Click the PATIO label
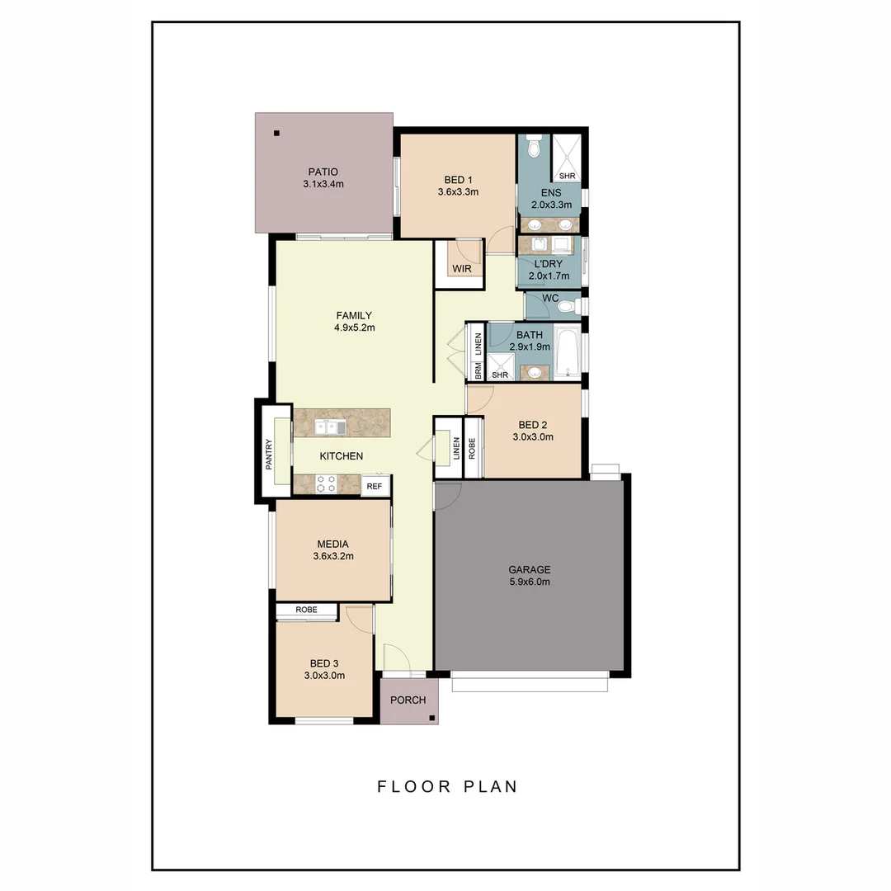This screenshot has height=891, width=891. tap(323, 172)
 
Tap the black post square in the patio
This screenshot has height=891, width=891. tap(277, 134)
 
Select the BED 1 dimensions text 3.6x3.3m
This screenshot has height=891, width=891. tap(458, 191)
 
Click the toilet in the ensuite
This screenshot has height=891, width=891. tap(534, 147)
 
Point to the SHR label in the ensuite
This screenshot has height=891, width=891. tap(567, 176)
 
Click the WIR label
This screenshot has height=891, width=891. tap(460, 269)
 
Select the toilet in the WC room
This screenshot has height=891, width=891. tap(566, 306)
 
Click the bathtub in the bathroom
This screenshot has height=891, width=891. tap(567, 352)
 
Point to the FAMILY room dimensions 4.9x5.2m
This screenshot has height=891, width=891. tap(354, 328)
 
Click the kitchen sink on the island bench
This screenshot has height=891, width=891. tap(332, 427)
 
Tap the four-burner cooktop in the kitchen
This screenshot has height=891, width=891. tap(326, 484)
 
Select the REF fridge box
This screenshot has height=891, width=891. tap(375, 486)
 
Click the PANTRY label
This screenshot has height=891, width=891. tap(269, 453)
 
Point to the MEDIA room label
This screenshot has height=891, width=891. tap(332, 544)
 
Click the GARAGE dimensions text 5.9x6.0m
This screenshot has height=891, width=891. tap(529, 582)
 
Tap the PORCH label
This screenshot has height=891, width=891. tap(408, 700)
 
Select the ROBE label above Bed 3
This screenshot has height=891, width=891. tap(306, 611)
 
